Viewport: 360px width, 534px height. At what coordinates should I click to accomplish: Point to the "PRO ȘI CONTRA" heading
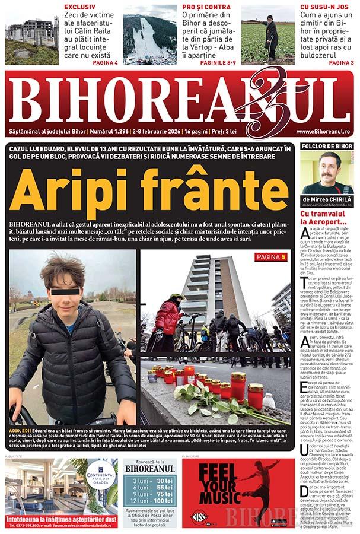(204, 7)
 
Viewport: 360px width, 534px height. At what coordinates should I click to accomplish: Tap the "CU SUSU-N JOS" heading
(326, 7)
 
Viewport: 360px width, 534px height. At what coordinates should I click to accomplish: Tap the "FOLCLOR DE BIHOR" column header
(327, 146)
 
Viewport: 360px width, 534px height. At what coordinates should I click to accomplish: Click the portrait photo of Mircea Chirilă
(327, 172)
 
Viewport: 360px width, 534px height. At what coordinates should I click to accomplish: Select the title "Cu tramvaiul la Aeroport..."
(323, 217)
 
